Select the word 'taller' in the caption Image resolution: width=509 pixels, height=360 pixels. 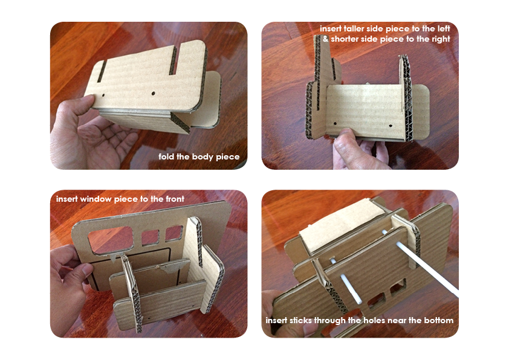[354, 28]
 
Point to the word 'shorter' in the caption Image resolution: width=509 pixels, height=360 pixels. [344, 39]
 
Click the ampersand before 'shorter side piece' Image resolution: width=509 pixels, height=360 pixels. [326, 39]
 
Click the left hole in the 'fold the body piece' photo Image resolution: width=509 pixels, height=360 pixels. [103, 95]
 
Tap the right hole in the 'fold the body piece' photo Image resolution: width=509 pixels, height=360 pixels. [153, 94]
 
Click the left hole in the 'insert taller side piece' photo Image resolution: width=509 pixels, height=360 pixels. [335, 124]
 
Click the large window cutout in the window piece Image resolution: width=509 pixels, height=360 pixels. [111, 240]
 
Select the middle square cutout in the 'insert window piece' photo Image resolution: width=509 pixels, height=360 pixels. [151, 237]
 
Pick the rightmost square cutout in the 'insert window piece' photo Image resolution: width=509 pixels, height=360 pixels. [174, 233]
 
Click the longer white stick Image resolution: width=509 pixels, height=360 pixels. [420, 263]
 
